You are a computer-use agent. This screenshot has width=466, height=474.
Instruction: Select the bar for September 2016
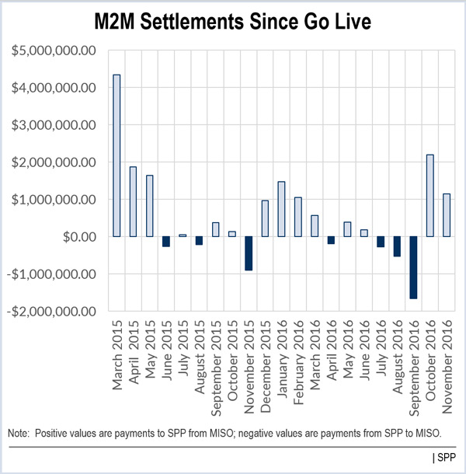pos(413,267)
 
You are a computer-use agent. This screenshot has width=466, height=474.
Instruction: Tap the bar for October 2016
pos(430,195)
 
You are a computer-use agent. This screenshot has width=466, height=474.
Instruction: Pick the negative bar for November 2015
pos(249,253)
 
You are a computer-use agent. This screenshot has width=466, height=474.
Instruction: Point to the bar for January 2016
pos(281,209)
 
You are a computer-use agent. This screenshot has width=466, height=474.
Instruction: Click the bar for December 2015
pos(265,218)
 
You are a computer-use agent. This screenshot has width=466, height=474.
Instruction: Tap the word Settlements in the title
pos(204,22)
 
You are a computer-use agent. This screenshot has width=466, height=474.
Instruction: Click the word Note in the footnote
pos(18,432)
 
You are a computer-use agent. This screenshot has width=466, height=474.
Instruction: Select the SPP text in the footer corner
pos(448,457)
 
